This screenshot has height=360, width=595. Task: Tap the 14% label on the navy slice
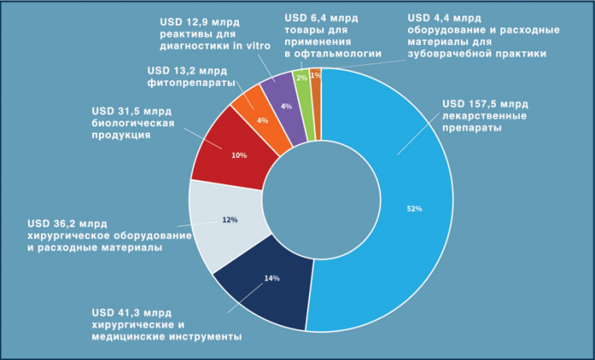[271, 279]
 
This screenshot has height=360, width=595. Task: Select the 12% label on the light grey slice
[229, 220]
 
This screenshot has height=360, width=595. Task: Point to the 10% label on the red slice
[239, 156]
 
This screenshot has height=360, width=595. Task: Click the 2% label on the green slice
[302, 78]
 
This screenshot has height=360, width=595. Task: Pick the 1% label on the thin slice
[315, 75]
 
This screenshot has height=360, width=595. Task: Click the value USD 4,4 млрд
[445, 17]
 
